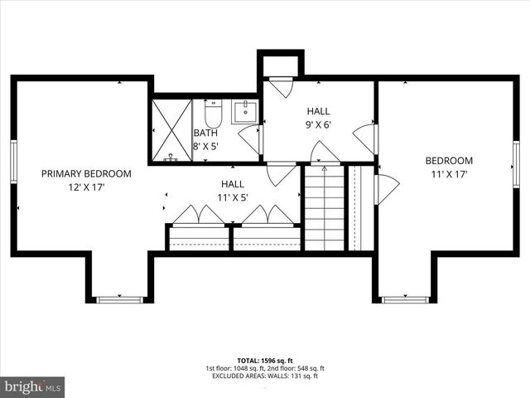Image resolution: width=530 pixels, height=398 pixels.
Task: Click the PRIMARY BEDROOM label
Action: click(86, 173)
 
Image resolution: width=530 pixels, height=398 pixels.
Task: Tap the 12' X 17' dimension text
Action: click(86, 187)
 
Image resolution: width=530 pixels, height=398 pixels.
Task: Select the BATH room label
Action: click(205, 133)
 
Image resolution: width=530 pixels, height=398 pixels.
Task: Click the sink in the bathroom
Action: click(245, 111)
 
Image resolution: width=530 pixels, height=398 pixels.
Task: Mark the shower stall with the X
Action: click(171, 129)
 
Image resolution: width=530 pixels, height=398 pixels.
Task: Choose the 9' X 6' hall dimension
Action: click(319, 124)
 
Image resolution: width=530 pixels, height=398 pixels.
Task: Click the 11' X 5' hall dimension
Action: click(233, 197)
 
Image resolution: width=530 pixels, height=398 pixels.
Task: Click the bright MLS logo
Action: click(32, 386)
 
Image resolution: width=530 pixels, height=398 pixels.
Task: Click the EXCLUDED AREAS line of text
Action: click(264, 376)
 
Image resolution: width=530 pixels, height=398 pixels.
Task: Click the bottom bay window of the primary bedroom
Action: click(119, 298)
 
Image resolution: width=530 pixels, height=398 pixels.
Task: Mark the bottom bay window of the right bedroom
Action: click(404, 298)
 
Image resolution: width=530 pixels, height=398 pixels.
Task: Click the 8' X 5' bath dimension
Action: click(205, 146)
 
